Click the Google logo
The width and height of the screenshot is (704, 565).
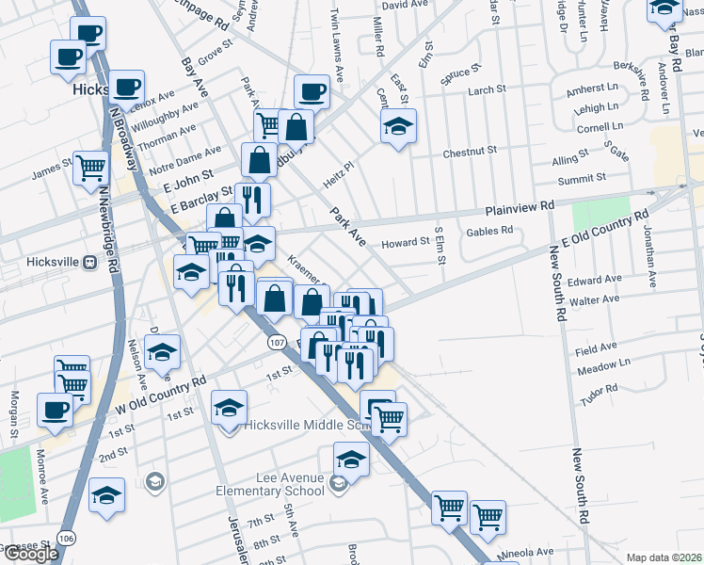pos(30,554)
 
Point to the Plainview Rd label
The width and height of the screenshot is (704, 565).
pos(520,209)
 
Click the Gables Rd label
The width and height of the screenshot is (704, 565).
pos(488,230)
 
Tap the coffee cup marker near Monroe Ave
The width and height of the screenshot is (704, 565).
pos(56,411)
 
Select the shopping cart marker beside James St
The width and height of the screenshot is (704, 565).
pos(91,169)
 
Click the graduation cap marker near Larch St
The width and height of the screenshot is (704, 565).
pos(398,126)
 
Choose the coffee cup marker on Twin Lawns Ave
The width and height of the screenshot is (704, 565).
pos(312,92)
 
